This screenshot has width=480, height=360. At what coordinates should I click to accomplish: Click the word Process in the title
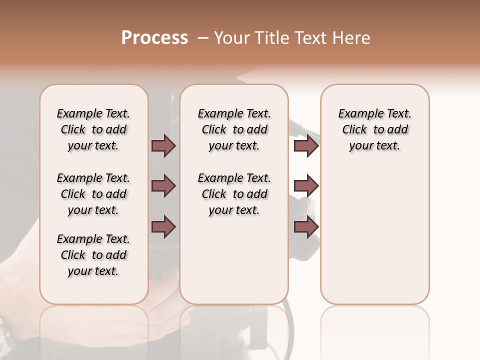pyautogui.click(x=154, y=38)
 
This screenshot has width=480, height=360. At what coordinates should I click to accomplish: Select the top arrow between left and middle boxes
pyautogui.click(x=163, y=145)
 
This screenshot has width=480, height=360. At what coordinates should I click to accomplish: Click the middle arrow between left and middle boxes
pyautogui.click(x=163, y=186)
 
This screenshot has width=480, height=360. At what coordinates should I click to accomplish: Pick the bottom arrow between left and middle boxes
pyautogui.click(x=163, y=227)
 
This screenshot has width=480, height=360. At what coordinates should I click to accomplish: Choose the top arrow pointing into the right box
pyautogui.click(x=306, y=145)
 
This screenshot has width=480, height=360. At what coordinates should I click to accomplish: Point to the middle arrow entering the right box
pyautogui.click(x=306, y=186)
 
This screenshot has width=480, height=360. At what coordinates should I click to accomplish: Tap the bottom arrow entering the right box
pyautogui.click(x=306, y=227)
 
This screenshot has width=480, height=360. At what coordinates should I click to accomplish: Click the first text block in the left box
pyautogui.click(x=93, y=129)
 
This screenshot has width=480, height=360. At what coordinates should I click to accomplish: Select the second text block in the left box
pyautogui.click(x=93, y=194)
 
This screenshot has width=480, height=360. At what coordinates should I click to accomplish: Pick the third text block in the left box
pyautogui.click(x=93, y=255)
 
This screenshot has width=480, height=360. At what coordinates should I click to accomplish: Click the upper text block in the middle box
pyautogui.click(x=234, y=129)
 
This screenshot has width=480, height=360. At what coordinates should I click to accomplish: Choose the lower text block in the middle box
pyautogui.click(x=234, y=194)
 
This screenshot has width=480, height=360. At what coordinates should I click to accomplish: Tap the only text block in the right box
pyautogui.click(x=374, y=129)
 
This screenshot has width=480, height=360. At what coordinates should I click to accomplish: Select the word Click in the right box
pyautogui.click(x=354, y=129)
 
